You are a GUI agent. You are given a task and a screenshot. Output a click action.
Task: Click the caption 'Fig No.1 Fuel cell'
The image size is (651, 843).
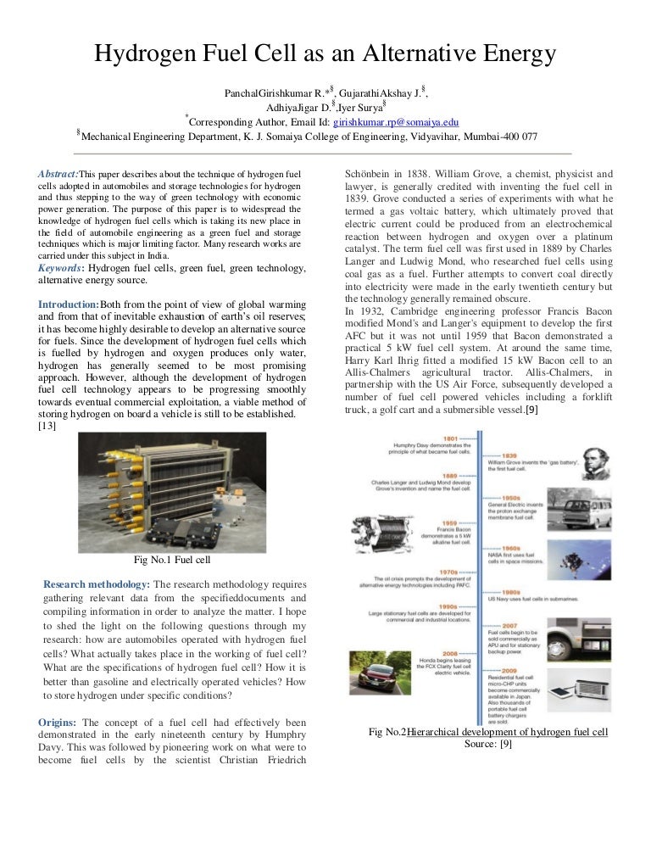172,560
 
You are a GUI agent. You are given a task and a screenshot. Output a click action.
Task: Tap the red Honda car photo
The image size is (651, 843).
381,675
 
